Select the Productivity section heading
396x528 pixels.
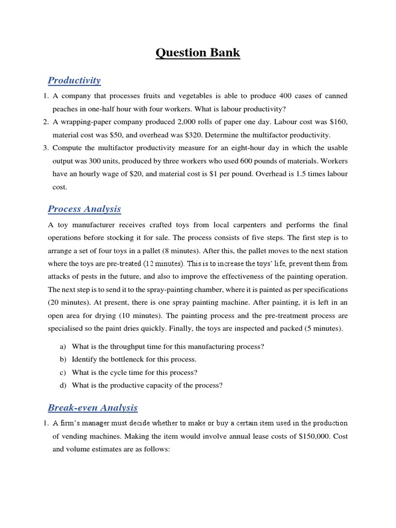point(74,80)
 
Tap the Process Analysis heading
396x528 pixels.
point(84,209)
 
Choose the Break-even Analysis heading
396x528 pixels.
point(92,408)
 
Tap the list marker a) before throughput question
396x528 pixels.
point(58,347)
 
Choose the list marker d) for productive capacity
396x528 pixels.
point(58,385)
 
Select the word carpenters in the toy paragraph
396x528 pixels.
point(242,225)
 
